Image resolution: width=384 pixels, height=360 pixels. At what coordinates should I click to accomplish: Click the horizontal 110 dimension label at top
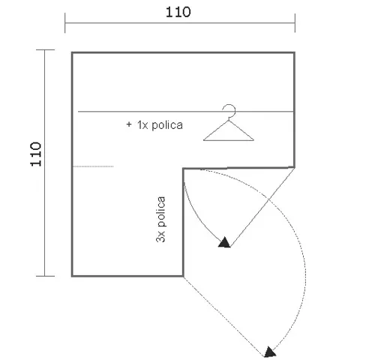pyautogui.click(x=178, y=12)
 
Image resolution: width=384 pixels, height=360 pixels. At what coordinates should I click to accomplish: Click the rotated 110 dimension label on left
pyautogui.click(x=36, y=154)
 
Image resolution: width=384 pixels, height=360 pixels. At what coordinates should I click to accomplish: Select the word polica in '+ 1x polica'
pyautogui.click(x=167, y=125)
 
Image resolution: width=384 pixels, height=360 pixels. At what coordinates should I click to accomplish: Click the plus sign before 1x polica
pyautogui.click(x=129, y=124)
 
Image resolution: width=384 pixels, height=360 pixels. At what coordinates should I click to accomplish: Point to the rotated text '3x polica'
pyautogui.click(x=160, y=220)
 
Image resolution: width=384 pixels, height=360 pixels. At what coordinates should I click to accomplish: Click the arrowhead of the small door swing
pyautogui.click(x=224, y=242)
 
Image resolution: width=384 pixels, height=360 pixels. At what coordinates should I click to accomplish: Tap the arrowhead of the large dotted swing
pyautogui.click(x=270, y=352)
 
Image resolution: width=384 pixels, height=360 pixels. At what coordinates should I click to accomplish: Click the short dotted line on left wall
pyautogui.click(x=93, y=166)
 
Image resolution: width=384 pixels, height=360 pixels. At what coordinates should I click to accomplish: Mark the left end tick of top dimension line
pyautogui.click(x=65, y=23)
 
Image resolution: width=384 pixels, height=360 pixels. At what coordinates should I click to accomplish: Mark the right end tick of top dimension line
pyautogui.click(x=295, y=23)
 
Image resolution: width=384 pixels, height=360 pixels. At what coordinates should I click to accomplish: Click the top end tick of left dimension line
pyautogui.click(x=45, y=50)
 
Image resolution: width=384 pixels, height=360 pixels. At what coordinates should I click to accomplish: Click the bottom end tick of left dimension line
pyautogui.click(x=45, y=276)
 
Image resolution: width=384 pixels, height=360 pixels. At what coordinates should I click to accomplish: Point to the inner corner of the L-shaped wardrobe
pyautogui.click(x=183, y=169)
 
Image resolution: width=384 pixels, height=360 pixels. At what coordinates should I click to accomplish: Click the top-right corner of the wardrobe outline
pyautogui.click(x=294, y=52)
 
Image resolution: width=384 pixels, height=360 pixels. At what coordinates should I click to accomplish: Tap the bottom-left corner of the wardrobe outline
pyautogui.click(x=72, y=276)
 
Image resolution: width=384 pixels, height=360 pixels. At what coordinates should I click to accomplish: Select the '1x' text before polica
pyautogui.click(x=142, y=125)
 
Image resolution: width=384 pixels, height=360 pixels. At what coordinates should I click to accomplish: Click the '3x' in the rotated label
pyautogui.click(x=160, y=236)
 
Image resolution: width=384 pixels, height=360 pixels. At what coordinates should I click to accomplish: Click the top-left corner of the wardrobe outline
pyautogui.click(x=72, y=52)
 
